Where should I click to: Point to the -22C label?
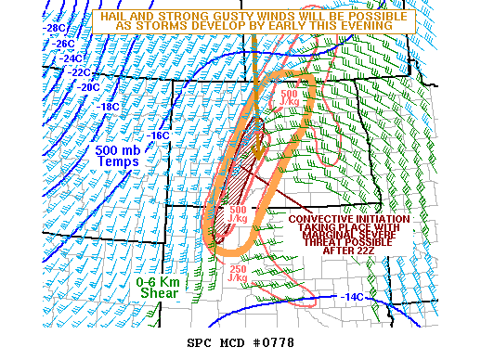point(79,71)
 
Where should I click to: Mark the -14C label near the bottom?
point(353,297)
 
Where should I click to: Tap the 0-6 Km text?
point(159,281)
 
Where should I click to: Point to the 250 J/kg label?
point(238,274)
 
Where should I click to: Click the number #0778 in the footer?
point(273,342)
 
